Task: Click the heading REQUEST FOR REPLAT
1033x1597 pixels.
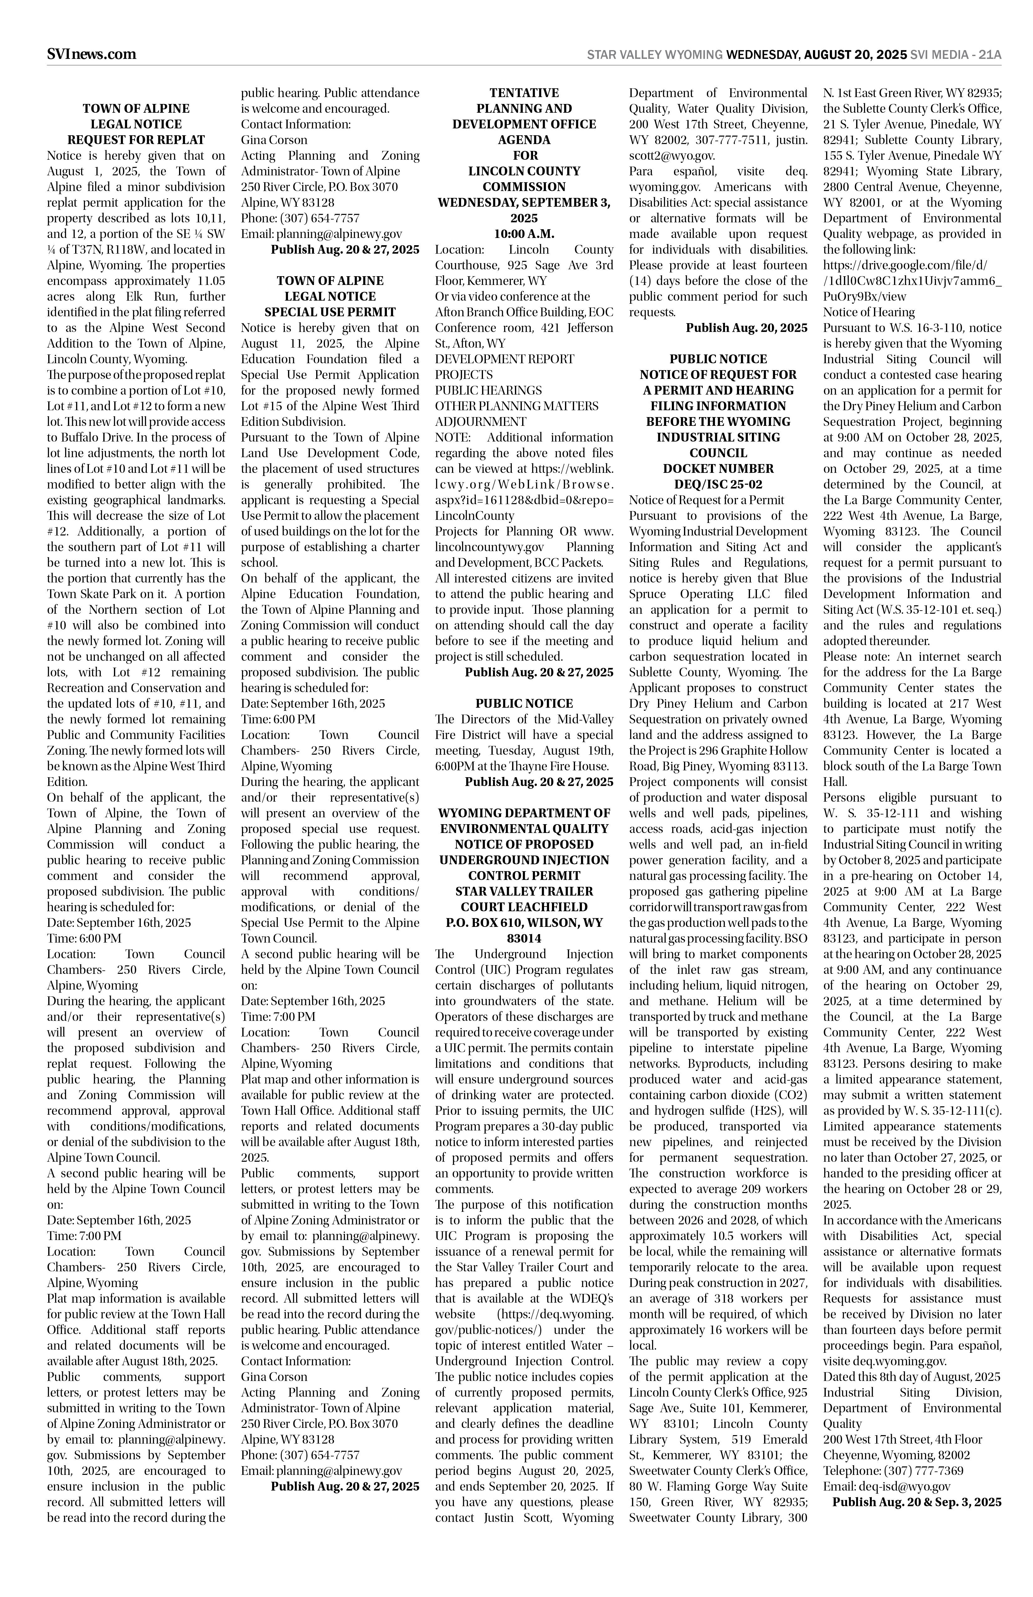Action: tap(136, 140)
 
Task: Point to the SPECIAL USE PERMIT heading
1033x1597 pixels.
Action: tap(330, 312)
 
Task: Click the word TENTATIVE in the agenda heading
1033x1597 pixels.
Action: tap(524, 93)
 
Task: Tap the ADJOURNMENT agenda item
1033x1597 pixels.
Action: tap(480, 421)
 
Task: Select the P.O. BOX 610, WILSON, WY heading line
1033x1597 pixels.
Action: tap(524, 923)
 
